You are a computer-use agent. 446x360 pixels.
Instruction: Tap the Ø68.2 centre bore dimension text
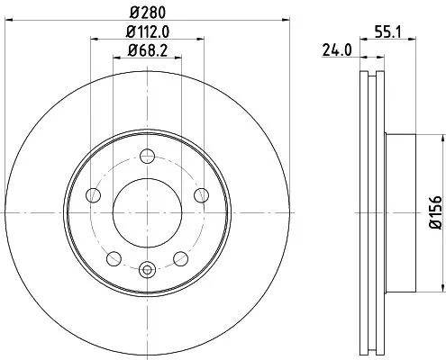pyautogui.click(x=147, y=51)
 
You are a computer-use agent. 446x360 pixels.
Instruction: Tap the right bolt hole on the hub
pyautogui.click(x=200, y=196)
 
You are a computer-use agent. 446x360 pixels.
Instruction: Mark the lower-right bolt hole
pyautogui.click(x=180, y=258)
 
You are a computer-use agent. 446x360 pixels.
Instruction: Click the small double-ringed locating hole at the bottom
pyautogui.click(x=147, y=267)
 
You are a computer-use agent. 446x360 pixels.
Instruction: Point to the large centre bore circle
pyautogui.click(x=147, y=212)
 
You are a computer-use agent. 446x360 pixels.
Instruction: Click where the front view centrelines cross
pyautogui.click(x=147, y=212)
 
